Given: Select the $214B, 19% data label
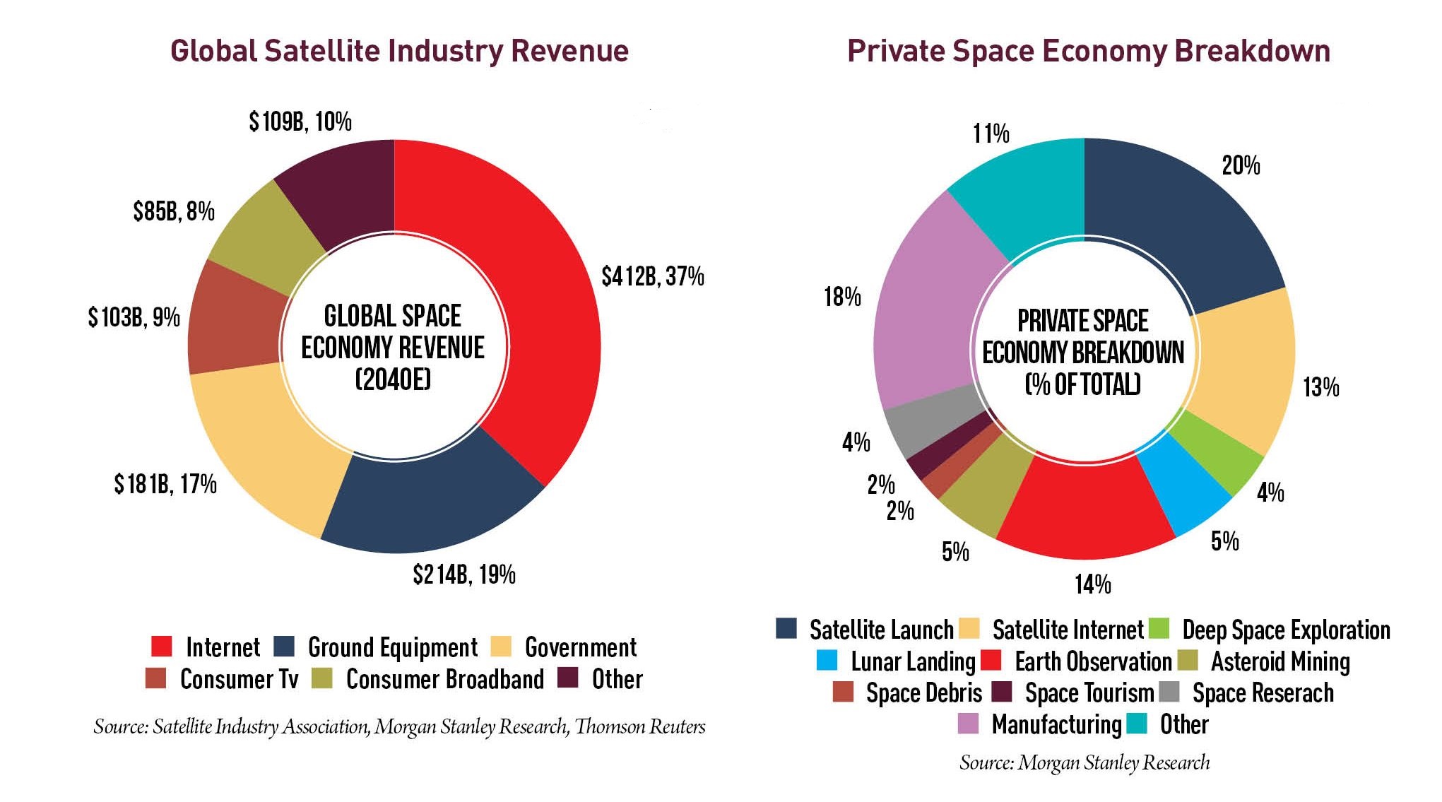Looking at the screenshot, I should pyautogui.click(x=464, y=574).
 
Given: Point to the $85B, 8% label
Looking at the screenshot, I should pyautogui.click(x=174, y=211).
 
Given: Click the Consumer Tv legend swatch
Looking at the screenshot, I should pyautogui.click(x=155, y=678).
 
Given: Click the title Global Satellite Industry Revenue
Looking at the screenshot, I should pyautogui.click(x=399, y=51).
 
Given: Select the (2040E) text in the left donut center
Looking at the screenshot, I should pyautogui.click(x=393, y=380).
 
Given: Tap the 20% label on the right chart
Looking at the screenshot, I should pyautogui.click(x=1241, y=166).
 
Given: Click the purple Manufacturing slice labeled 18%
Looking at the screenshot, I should pyautogui.click(x=926, y=311).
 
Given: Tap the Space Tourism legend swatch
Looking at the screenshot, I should pyautogui.click(x=1002, y=692).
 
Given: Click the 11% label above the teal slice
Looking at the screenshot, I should pyautogui.click(x=991, y=134).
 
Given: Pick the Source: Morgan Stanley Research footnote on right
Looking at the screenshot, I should pyautogui.click(x=1085, y=763).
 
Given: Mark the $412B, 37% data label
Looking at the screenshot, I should pyautogui.click(x=652, y=276).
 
